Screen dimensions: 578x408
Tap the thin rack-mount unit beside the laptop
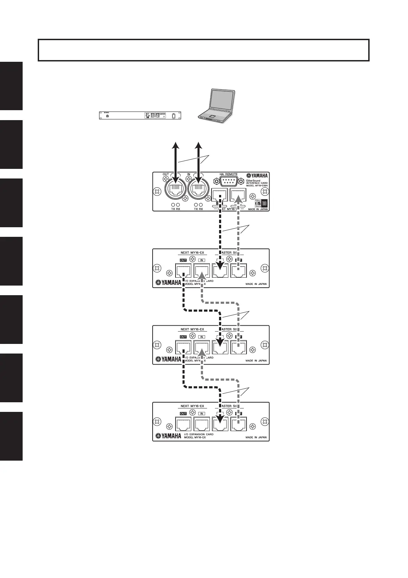pyautogui.click(x=140, y=116)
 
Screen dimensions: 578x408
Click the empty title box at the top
pyautogui.click(x=203, y=50)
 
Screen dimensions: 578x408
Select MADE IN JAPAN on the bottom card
pyautogui.click(x=256, y=437)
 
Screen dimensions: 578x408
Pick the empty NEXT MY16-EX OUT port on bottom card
pyautogui.click(x=183, y=425)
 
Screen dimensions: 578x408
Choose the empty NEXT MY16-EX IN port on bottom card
pyautogui.click(x=202, y=425)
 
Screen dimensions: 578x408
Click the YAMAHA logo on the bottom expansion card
pyautogui.click(x=168, y=436)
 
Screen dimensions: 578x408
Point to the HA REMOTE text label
pyautogui.click(x=228, y=174)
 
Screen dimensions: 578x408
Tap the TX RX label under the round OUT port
pyautogui.click(x=176, y=209)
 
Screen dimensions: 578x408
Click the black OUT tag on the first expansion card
pyautogui.click(x=183, y=260)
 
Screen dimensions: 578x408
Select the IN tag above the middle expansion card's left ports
pyautogui.click(x=202, y=337)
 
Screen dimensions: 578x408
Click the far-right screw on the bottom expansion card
pyautogui.click(x=265, y=421)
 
